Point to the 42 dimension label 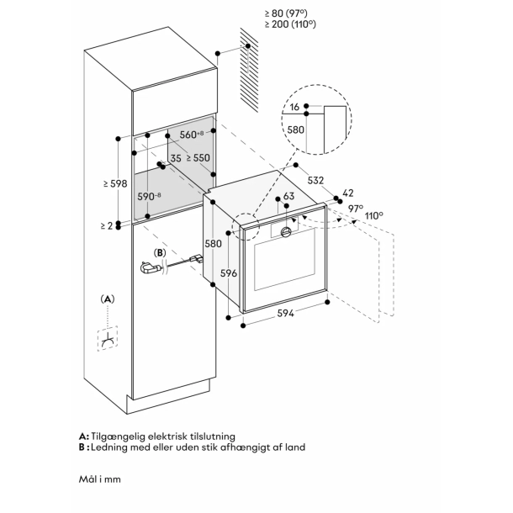[349, 193]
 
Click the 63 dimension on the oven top [288, 197]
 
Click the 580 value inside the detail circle [295, 130]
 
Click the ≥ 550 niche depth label [198, 157]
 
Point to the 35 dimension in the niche [176, 157]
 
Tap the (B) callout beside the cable [158, 251]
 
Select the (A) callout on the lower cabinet [107, 299]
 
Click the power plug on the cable [149, 268]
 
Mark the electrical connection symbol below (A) [108, 339]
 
